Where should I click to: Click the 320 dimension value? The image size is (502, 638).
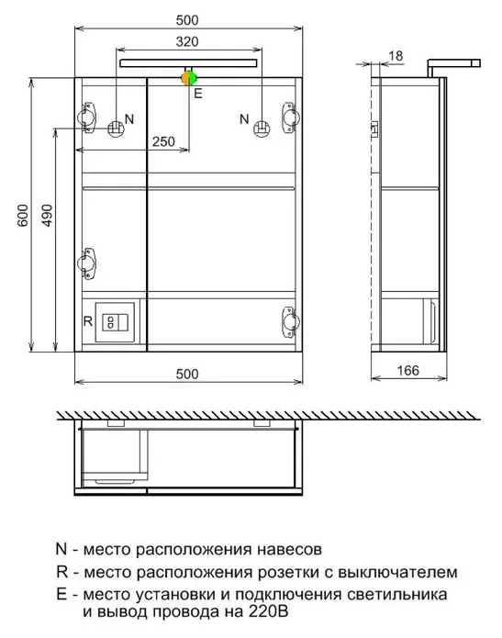coord(187,41)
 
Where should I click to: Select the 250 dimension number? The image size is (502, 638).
coord(163,141)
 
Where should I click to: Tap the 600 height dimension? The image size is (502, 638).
coord(23,215)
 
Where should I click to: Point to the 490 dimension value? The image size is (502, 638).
coord(47,215)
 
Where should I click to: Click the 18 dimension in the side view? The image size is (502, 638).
coord(396,55)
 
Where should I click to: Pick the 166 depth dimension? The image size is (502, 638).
coord(407,370)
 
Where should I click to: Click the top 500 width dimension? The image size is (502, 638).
coord(187,20)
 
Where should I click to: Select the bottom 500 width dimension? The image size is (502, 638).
coord(187,374)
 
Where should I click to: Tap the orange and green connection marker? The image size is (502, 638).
coord(189,78)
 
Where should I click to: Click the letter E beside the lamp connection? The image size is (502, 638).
coord(198,94)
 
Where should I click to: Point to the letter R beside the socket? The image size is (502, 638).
coord(88,321)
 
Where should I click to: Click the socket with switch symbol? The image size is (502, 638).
coord(115,322)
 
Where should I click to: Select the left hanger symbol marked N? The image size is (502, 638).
coord(116,129)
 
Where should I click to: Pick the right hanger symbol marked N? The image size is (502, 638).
coord(262,129)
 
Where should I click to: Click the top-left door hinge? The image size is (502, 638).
coord(86,118)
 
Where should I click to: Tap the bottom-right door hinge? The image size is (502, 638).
coord(291,321)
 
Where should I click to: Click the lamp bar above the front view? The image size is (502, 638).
coord(188,63)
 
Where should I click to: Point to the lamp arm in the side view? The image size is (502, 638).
coord(453,66)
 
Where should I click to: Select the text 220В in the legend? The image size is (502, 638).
coord(267,611)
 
